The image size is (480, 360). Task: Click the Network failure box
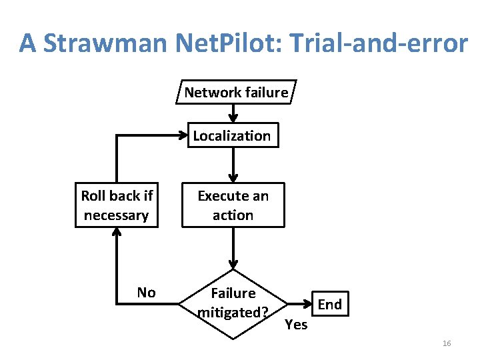[236, 92]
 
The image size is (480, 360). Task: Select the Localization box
[232, 136]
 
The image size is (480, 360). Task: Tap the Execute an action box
[233, 205]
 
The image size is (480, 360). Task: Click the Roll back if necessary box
[117, 205]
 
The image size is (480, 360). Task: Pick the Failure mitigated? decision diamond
[233, 303]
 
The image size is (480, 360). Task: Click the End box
[330, 305]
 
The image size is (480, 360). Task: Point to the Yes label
[296, 325]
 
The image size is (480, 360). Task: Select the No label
[146, 293]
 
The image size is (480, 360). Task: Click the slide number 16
[447, 343]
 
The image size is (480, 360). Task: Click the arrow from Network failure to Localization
[233, 113]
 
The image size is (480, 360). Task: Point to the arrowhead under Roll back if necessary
[117, 233]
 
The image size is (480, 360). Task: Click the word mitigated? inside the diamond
[233, 312]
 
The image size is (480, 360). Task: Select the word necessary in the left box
[117, 215]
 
